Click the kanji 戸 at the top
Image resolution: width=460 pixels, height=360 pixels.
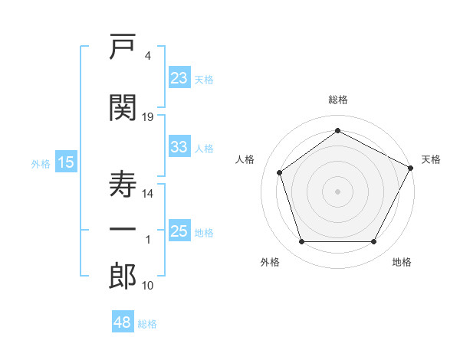click(x=123, y=46)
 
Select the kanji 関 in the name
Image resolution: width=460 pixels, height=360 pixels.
click(x=123, y=107)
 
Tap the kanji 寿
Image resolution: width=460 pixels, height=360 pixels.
click(x=123, y=184)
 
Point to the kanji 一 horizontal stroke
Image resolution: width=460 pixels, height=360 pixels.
click(x=123, y=229)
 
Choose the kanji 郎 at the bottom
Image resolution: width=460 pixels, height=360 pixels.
click(x=123, y=276)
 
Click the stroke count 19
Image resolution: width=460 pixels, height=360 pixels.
click(x=147, y=117)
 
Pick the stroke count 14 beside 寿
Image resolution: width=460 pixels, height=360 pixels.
click(x=147, y=194)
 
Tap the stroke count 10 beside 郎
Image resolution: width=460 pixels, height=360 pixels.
click(x=147, y=286)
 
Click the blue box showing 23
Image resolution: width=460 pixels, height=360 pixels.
click(x=179, y=77)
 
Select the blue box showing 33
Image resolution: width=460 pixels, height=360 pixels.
click(x=179, y=146)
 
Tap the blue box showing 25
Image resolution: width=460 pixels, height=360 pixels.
click(x=179, y=230)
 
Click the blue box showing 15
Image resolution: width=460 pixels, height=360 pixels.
click(x=66, y=162)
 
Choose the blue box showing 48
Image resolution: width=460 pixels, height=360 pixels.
click(x=123, y=321)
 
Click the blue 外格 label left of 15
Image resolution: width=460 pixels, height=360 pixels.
click(x=41, y=164)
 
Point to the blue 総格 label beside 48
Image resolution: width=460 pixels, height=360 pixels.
click(x=147, y=324)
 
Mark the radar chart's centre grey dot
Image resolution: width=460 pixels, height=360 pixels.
click(x=337, y=191)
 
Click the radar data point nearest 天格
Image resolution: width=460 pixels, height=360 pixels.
click(x=410, y=168)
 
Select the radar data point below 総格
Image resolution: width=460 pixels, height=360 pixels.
click(x=337, y=130)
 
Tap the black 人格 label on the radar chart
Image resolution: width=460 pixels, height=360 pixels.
click(x=245, y=159)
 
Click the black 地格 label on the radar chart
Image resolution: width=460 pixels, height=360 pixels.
click(x=402, y=262)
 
